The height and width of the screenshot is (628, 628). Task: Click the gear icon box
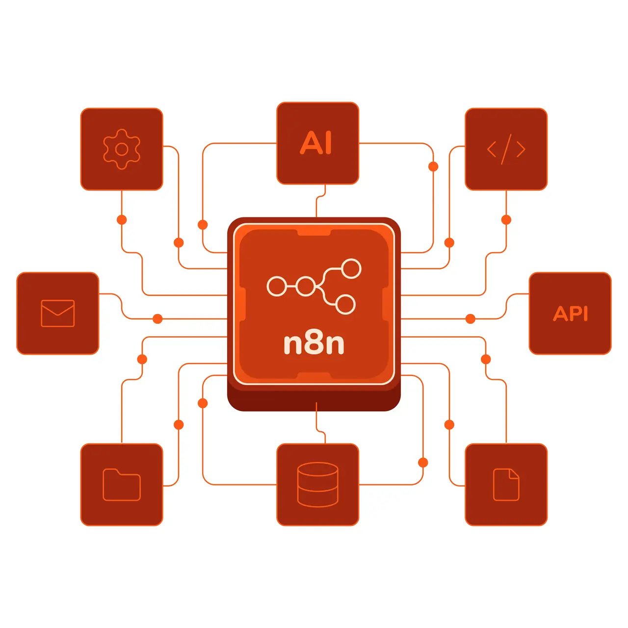click(x=122, y=149)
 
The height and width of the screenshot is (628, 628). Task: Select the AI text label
click(x=316, y=143)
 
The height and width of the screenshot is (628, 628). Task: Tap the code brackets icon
click(x=506, y=149)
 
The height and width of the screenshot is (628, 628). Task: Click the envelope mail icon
click(x=58, y=314)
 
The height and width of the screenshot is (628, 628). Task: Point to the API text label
click(x=570, y=314)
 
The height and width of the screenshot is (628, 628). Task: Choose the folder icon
click(x=122, y=485)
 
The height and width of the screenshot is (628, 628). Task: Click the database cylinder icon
click(x=318, y=484)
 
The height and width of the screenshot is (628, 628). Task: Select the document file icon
click(x=506, y=485)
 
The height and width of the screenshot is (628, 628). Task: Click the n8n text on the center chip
click(x=314, y=343)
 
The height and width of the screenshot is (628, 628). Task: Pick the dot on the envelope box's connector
click(x=157, y=319)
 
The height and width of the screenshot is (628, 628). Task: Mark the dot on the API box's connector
click(x=471, y=319)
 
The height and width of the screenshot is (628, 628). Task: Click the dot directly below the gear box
click(x=122, y=220)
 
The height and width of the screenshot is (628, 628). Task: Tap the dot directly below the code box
click(x=506, y=220)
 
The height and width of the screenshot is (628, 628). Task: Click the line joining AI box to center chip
click(x=317, y=204)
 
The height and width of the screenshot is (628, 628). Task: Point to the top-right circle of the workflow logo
click(x=351, y=269)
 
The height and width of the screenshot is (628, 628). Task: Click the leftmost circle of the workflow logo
click(x=277, y=286)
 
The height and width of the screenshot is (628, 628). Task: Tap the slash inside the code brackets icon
click(x=506, y=149)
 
